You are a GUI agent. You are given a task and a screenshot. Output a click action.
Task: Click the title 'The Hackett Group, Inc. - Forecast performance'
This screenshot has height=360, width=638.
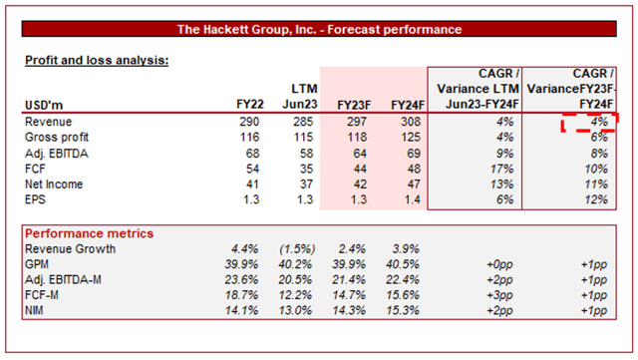tap(319, 30)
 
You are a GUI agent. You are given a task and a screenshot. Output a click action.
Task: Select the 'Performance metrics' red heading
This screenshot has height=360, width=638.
tap(89, 232)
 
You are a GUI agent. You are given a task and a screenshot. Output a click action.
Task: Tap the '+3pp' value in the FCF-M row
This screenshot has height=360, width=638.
tap(499, 294)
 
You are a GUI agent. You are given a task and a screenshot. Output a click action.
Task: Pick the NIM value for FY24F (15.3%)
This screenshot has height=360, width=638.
tap(401, 310)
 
